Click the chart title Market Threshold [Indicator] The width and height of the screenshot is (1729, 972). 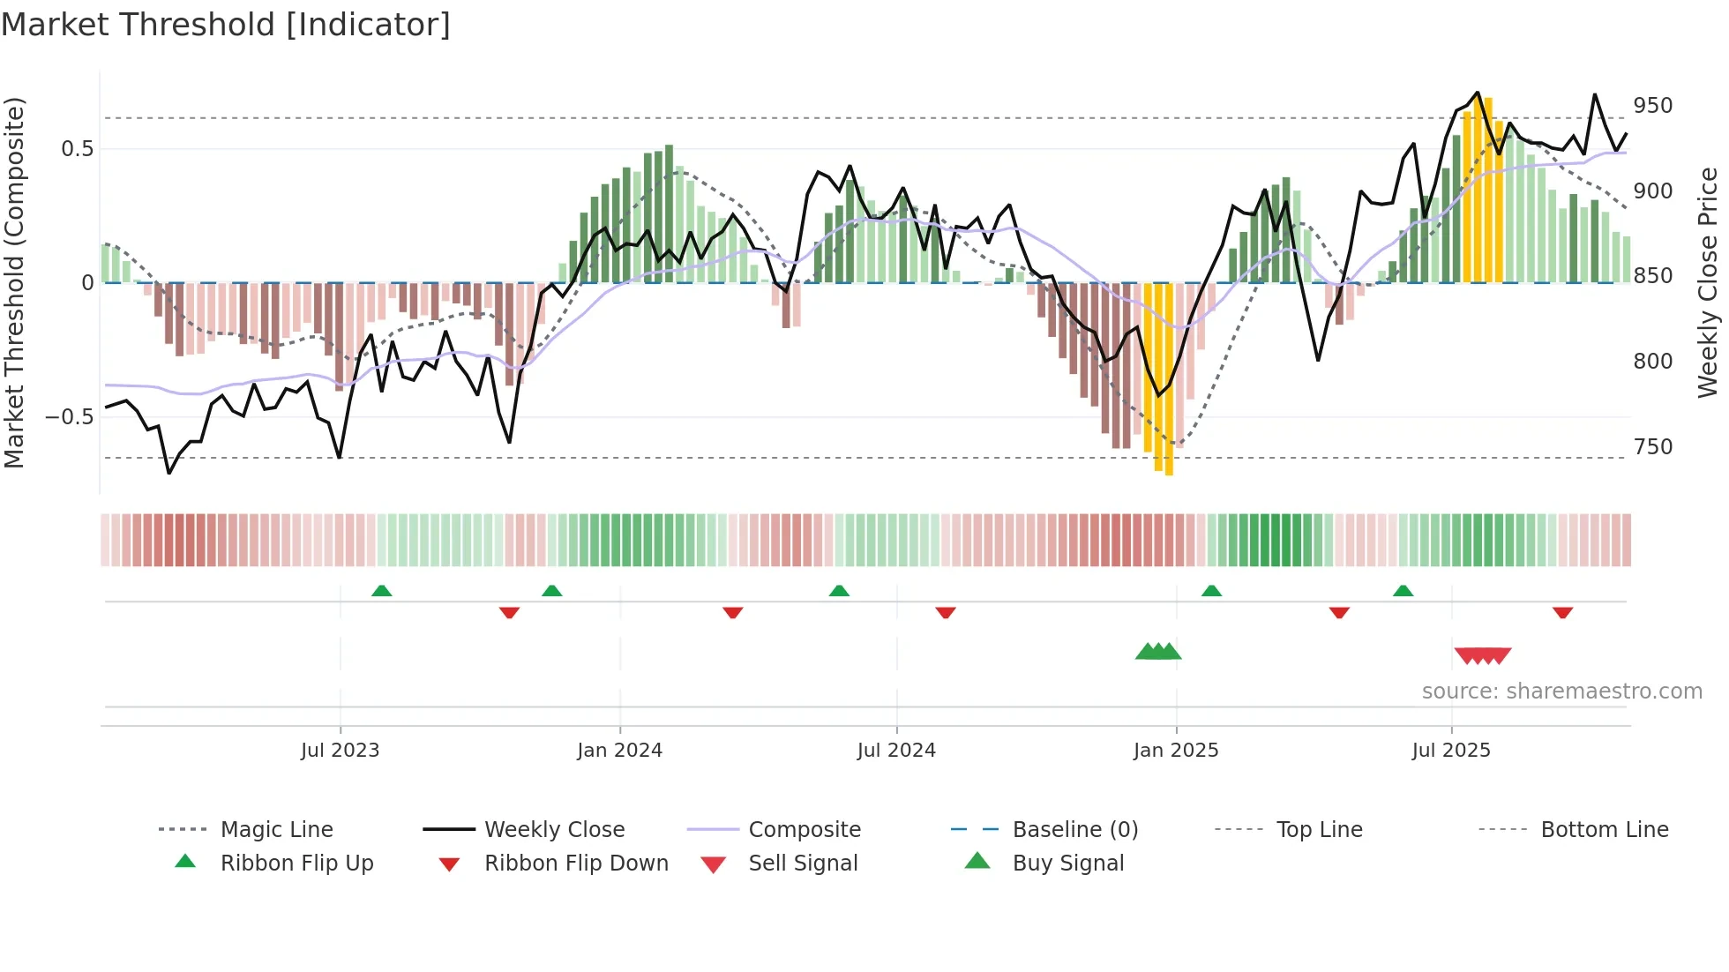[226, 25]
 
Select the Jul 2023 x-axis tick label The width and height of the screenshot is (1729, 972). [340, 751]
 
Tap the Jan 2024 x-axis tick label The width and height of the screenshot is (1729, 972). [619, 751]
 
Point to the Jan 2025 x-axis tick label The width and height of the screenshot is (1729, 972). [1175, 751]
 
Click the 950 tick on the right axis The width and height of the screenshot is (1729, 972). [1652, 106]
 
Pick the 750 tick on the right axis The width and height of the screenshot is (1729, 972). [1652, 447]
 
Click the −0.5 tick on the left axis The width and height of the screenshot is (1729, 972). [69, 417]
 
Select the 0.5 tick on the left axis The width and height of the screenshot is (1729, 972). [77, 149]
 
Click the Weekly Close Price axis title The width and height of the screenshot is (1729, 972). [1708, 282]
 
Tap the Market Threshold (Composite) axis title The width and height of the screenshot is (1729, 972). [14, 282]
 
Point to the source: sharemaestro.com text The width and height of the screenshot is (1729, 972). [1561, 692]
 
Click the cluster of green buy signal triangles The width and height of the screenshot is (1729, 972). [1157, 652]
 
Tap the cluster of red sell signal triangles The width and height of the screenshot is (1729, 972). [1482, 655]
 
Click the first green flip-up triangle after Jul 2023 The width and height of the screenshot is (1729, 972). [381, 590]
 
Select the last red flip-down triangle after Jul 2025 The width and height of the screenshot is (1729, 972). [1562, 612]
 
